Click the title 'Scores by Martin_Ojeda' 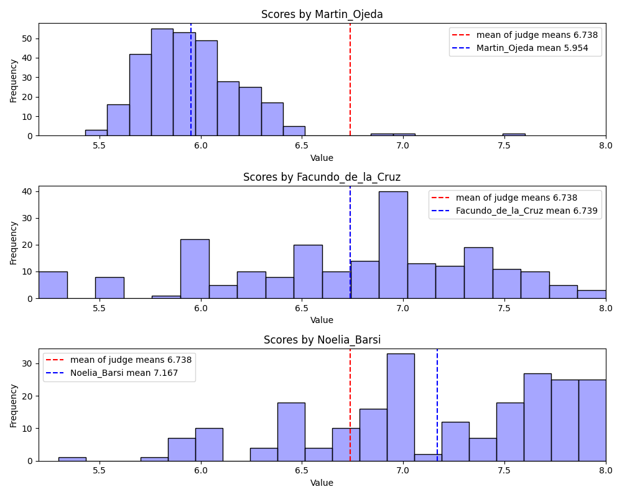322,14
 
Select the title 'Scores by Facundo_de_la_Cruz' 322,177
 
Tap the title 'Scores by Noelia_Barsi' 322,340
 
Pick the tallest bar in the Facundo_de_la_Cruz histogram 393,245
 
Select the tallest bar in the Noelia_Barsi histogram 401,407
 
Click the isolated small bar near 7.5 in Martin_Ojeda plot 514,134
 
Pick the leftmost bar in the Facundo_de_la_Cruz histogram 53,285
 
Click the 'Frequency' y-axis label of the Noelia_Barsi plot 14,404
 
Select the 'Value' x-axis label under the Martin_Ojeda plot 322,158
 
